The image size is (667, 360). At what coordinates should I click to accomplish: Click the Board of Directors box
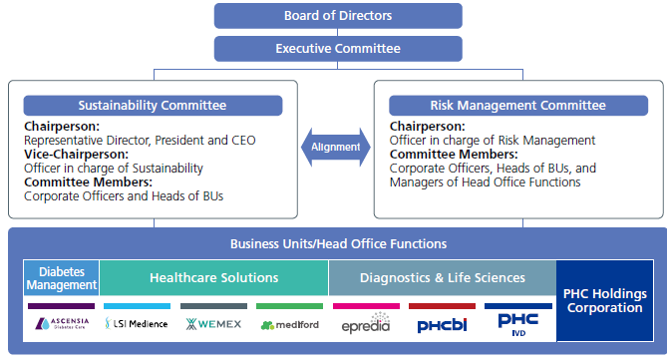click(x=337, y=15)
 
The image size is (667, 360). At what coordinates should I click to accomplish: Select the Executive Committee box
click(x=337, y=48)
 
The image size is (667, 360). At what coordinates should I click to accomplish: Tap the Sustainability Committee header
click(x=153, y=106)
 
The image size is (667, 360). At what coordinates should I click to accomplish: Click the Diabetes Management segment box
click(x=62, y=278)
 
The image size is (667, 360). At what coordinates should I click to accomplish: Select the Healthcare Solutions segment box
click(x=213, y=278)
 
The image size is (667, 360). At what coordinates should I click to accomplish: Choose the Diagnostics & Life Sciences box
click(x=441, y=278)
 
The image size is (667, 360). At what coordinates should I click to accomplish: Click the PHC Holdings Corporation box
click(x=602, y=300)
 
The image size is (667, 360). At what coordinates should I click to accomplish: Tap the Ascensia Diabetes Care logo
click(x=62, y=324)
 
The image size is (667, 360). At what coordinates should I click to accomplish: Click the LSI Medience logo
click(x=139, y=324)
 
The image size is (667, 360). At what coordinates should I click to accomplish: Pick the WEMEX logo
click(x=213, y=324)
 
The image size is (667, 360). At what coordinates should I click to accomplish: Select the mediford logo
click(x=289, y=325)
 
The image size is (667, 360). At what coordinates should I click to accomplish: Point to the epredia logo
click(x=365, y=325)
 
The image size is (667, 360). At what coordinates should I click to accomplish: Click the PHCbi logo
click(x=442, y=325)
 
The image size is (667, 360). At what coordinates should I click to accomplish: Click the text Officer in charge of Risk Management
click(x=493, y=141)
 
